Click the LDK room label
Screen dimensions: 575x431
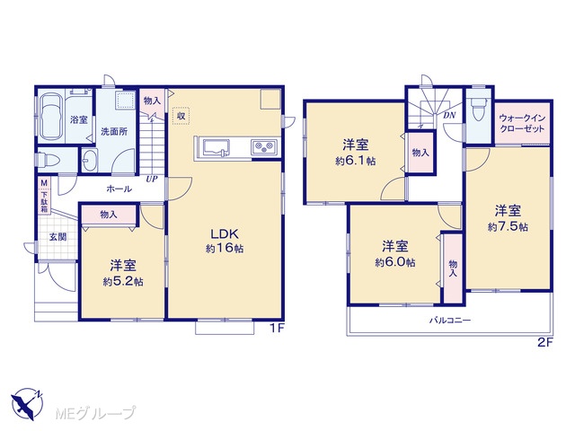224,233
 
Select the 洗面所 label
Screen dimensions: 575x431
114,131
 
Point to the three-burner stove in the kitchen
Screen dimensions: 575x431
263,147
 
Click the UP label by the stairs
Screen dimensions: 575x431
152,180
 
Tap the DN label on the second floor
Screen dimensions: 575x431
449,116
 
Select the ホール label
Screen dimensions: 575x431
119,189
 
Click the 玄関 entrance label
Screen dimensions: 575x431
57,237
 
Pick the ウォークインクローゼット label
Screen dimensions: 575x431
522,124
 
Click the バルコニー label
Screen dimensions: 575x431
450,321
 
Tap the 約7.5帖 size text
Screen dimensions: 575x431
508,227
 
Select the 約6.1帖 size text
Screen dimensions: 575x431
356,161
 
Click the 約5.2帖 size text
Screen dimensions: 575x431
123,281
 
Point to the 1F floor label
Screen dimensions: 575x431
278,329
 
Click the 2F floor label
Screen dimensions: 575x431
545,343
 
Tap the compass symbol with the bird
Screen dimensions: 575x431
26,404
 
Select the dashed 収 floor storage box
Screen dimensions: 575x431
181,116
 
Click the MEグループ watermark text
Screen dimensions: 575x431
95,413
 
